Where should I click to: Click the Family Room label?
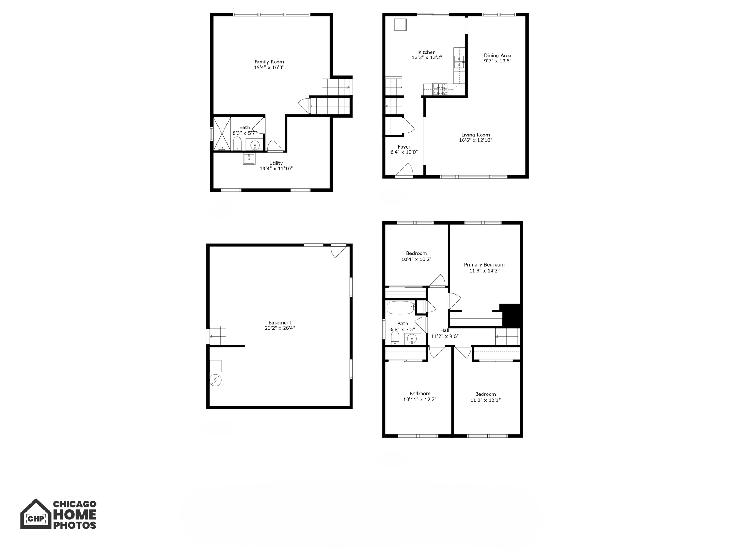269,62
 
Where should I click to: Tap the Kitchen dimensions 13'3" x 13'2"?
427,58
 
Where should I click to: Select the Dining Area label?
497,56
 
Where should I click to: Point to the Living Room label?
475,135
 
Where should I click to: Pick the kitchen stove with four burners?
440,89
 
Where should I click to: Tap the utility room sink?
249,158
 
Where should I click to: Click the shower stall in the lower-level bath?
222,134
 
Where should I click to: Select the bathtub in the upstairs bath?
400,307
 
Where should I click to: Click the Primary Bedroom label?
484,265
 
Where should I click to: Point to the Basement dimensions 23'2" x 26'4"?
280,328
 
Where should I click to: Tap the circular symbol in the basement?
216,380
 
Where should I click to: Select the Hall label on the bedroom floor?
445,330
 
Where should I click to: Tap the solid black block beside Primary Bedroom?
511,315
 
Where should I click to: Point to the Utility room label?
276,163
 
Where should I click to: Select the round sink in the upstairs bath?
412,339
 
